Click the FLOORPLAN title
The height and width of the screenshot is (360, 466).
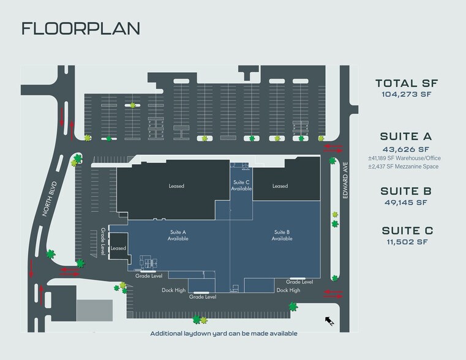tap(81, 29)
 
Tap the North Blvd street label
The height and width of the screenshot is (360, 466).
tap(50, 199)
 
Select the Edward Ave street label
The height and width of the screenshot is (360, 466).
tap(345, 180)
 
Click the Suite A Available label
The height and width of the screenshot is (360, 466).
tap(178, 235)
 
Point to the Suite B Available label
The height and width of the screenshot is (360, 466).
tap(282, 235)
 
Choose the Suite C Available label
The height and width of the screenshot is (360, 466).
tap(241, 186)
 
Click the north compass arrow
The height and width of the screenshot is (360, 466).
tap(329, 321)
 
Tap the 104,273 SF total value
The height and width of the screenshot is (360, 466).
tap(406, 94)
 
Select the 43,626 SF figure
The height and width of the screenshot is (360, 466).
tap(405, 149)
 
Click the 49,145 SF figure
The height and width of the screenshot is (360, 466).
tap(405, 203)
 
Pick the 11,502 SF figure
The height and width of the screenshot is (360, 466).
tap(407, 242)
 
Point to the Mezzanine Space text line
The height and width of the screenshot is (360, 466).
tap(404, 167)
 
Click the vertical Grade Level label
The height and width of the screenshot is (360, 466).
tap(103, 241)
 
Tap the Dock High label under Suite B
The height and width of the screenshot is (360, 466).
tap(288, 290)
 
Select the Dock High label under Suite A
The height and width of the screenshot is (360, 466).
tap(173, 290)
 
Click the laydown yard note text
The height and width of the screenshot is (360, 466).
tap(224, 334)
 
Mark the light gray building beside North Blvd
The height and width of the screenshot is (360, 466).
tap(94, 310)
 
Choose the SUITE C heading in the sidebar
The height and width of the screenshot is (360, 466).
tap(407, 231)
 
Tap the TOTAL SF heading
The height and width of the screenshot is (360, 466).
tap(407, 83)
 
